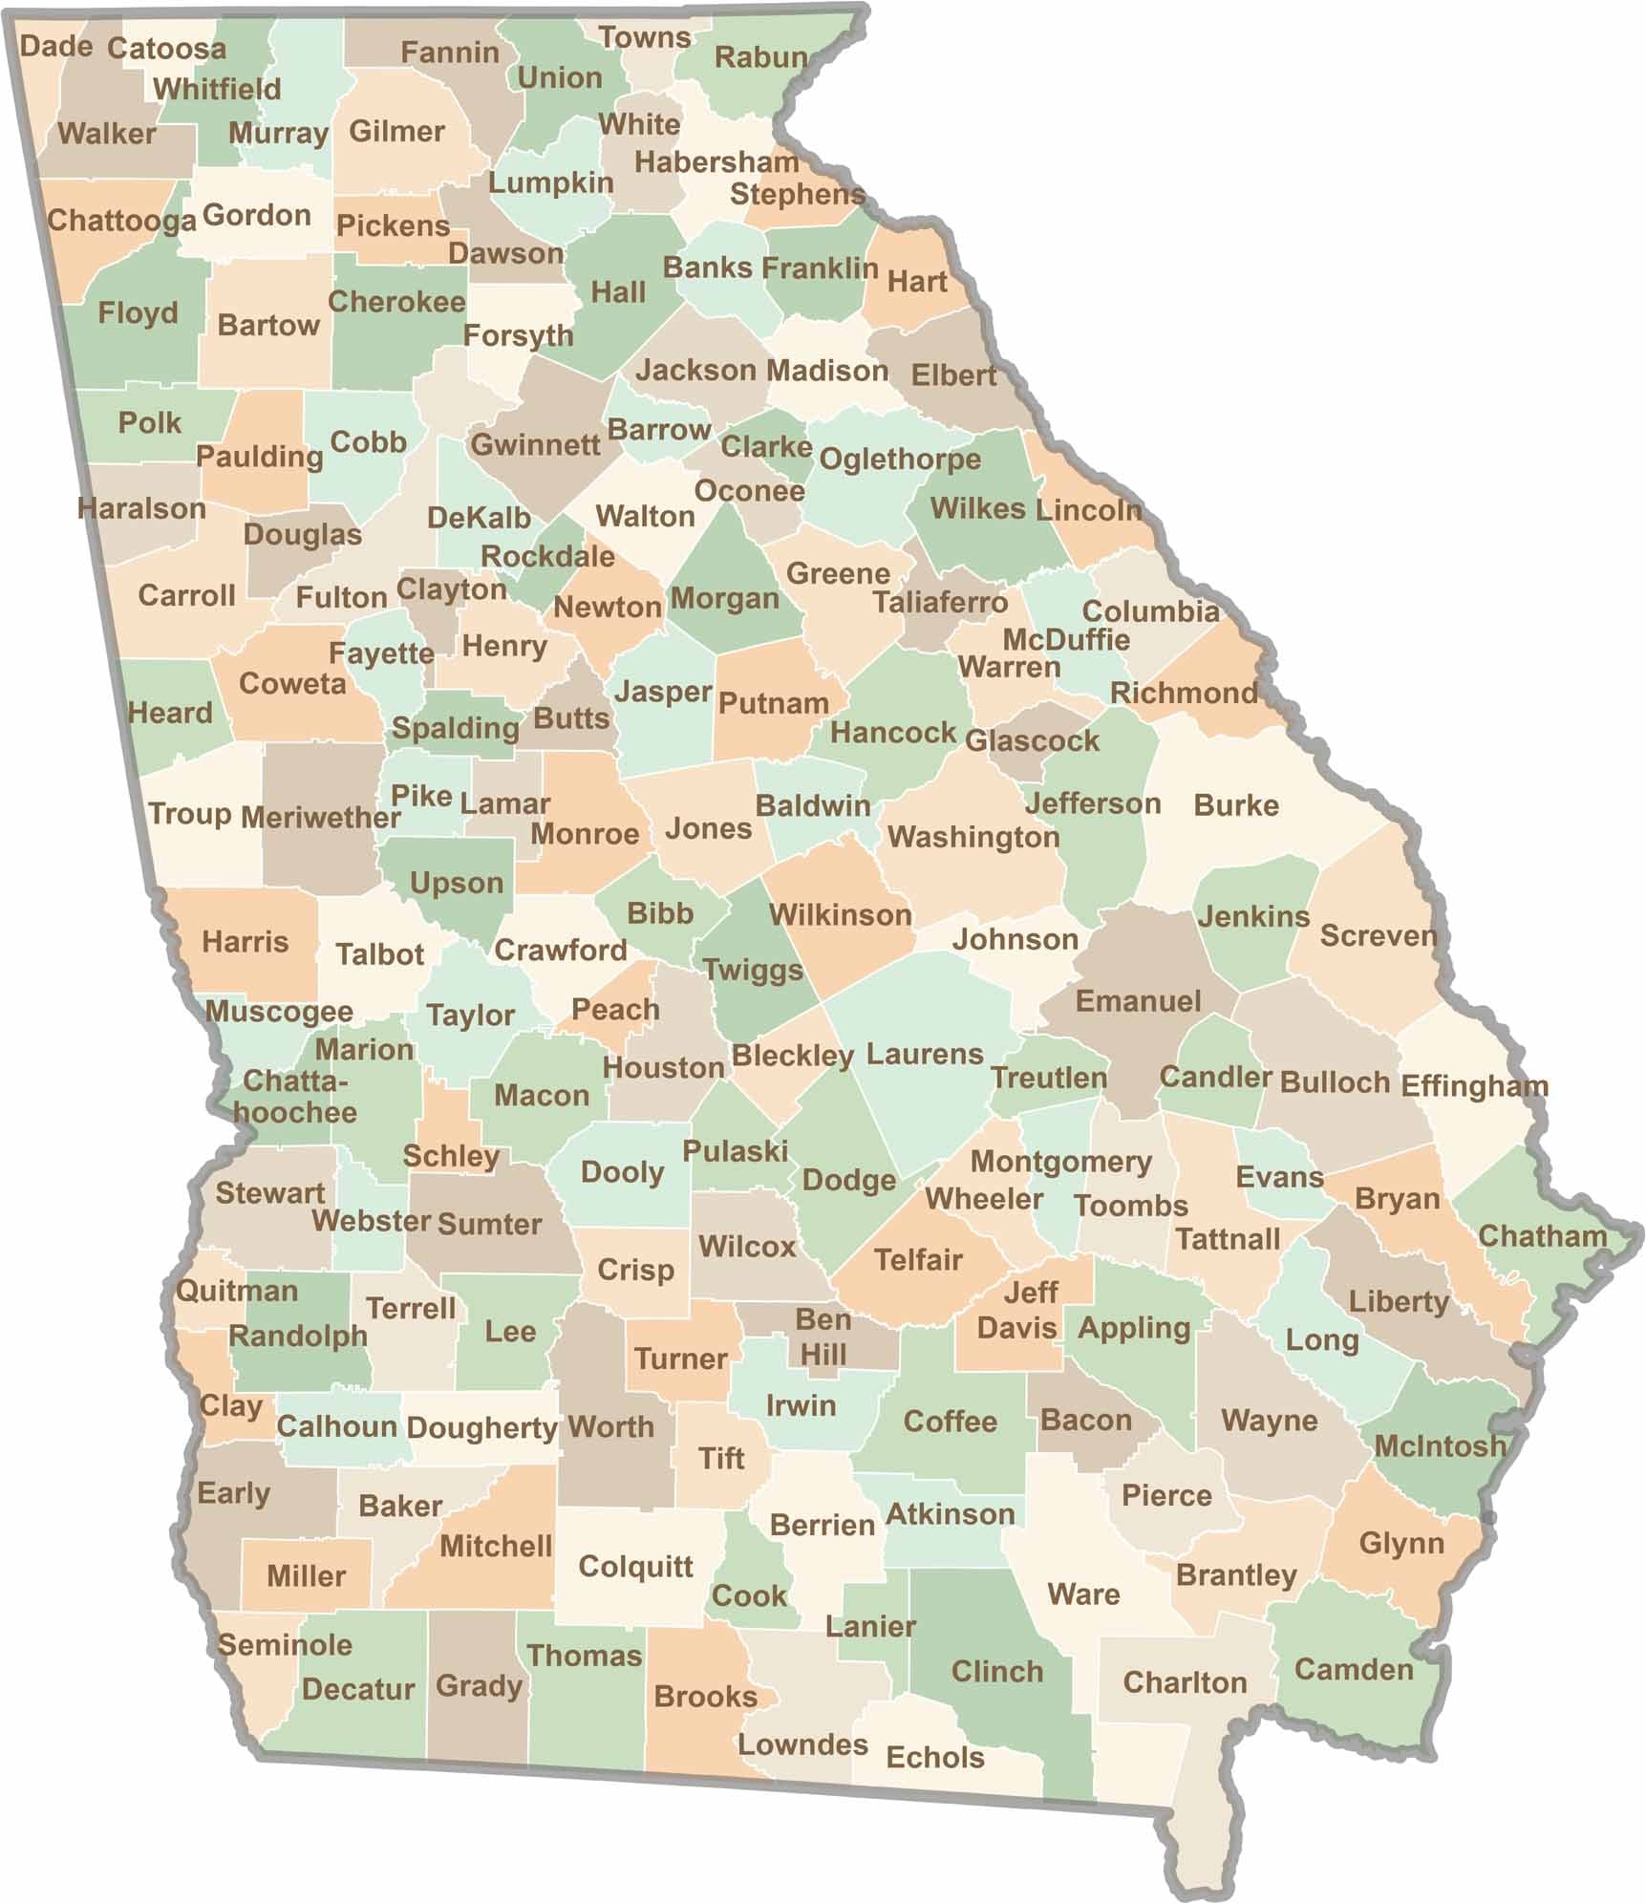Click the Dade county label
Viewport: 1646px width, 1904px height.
(x=55, y=46)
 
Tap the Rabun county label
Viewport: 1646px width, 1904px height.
(x=760, y=57)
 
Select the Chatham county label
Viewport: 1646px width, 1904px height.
(x=1542, y=1235)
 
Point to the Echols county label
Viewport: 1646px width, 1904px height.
(x=934, y=1757)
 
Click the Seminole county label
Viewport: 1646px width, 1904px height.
(x=285, y=1644)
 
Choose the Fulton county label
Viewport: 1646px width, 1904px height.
(x=341, y=597)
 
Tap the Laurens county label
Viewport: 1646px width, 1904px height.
(x=924, y=1054)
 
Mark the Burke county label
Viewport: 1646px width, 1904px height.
(x=1235, y=805)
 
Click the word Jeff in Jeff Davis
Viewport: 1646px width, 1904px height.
(x=1031, y=1293)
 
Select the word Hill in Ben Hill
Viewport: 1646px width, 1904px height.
(x=823, y=1354)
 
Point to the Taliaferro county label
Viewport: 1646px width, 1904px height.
(x=939, y=602)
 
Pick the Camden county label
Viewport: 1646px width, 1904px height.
(x=1353, y=1669)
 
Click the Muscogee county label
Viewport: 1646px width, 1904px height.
(x=279, y=1011)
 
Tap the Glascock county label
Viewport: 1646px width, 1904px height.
(x=1032, y=740)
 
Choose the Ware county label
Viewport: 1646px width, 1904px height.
(x=1083, y=1594)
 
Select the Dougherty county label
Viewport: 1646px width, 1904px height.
(x=481, y=1427)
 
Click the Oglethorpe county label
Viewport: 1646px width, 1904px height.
(x=899, y=460)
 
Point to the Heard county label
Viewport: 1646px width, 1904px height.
(x=170, y=713)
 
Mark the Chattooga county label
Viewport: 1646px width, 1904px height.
(x=121, y=221)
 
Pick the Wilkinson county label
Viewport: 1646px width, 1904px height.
(x=840, y=915)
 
